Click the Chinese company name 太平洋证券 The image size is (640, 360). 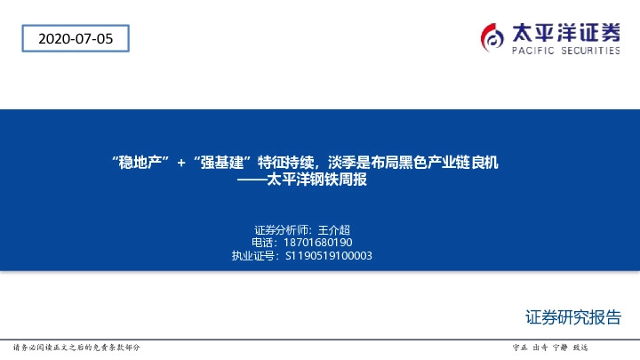[565, 33]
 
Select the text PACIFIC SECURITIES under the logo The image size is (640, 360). [565, 52]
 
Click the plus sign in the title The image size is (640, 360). [180, 163]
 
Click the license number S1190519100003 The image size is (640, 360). [328, 256]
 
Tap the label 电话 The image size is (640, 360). [263, 243]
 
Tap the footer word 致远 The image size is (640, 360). [580, 347]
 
